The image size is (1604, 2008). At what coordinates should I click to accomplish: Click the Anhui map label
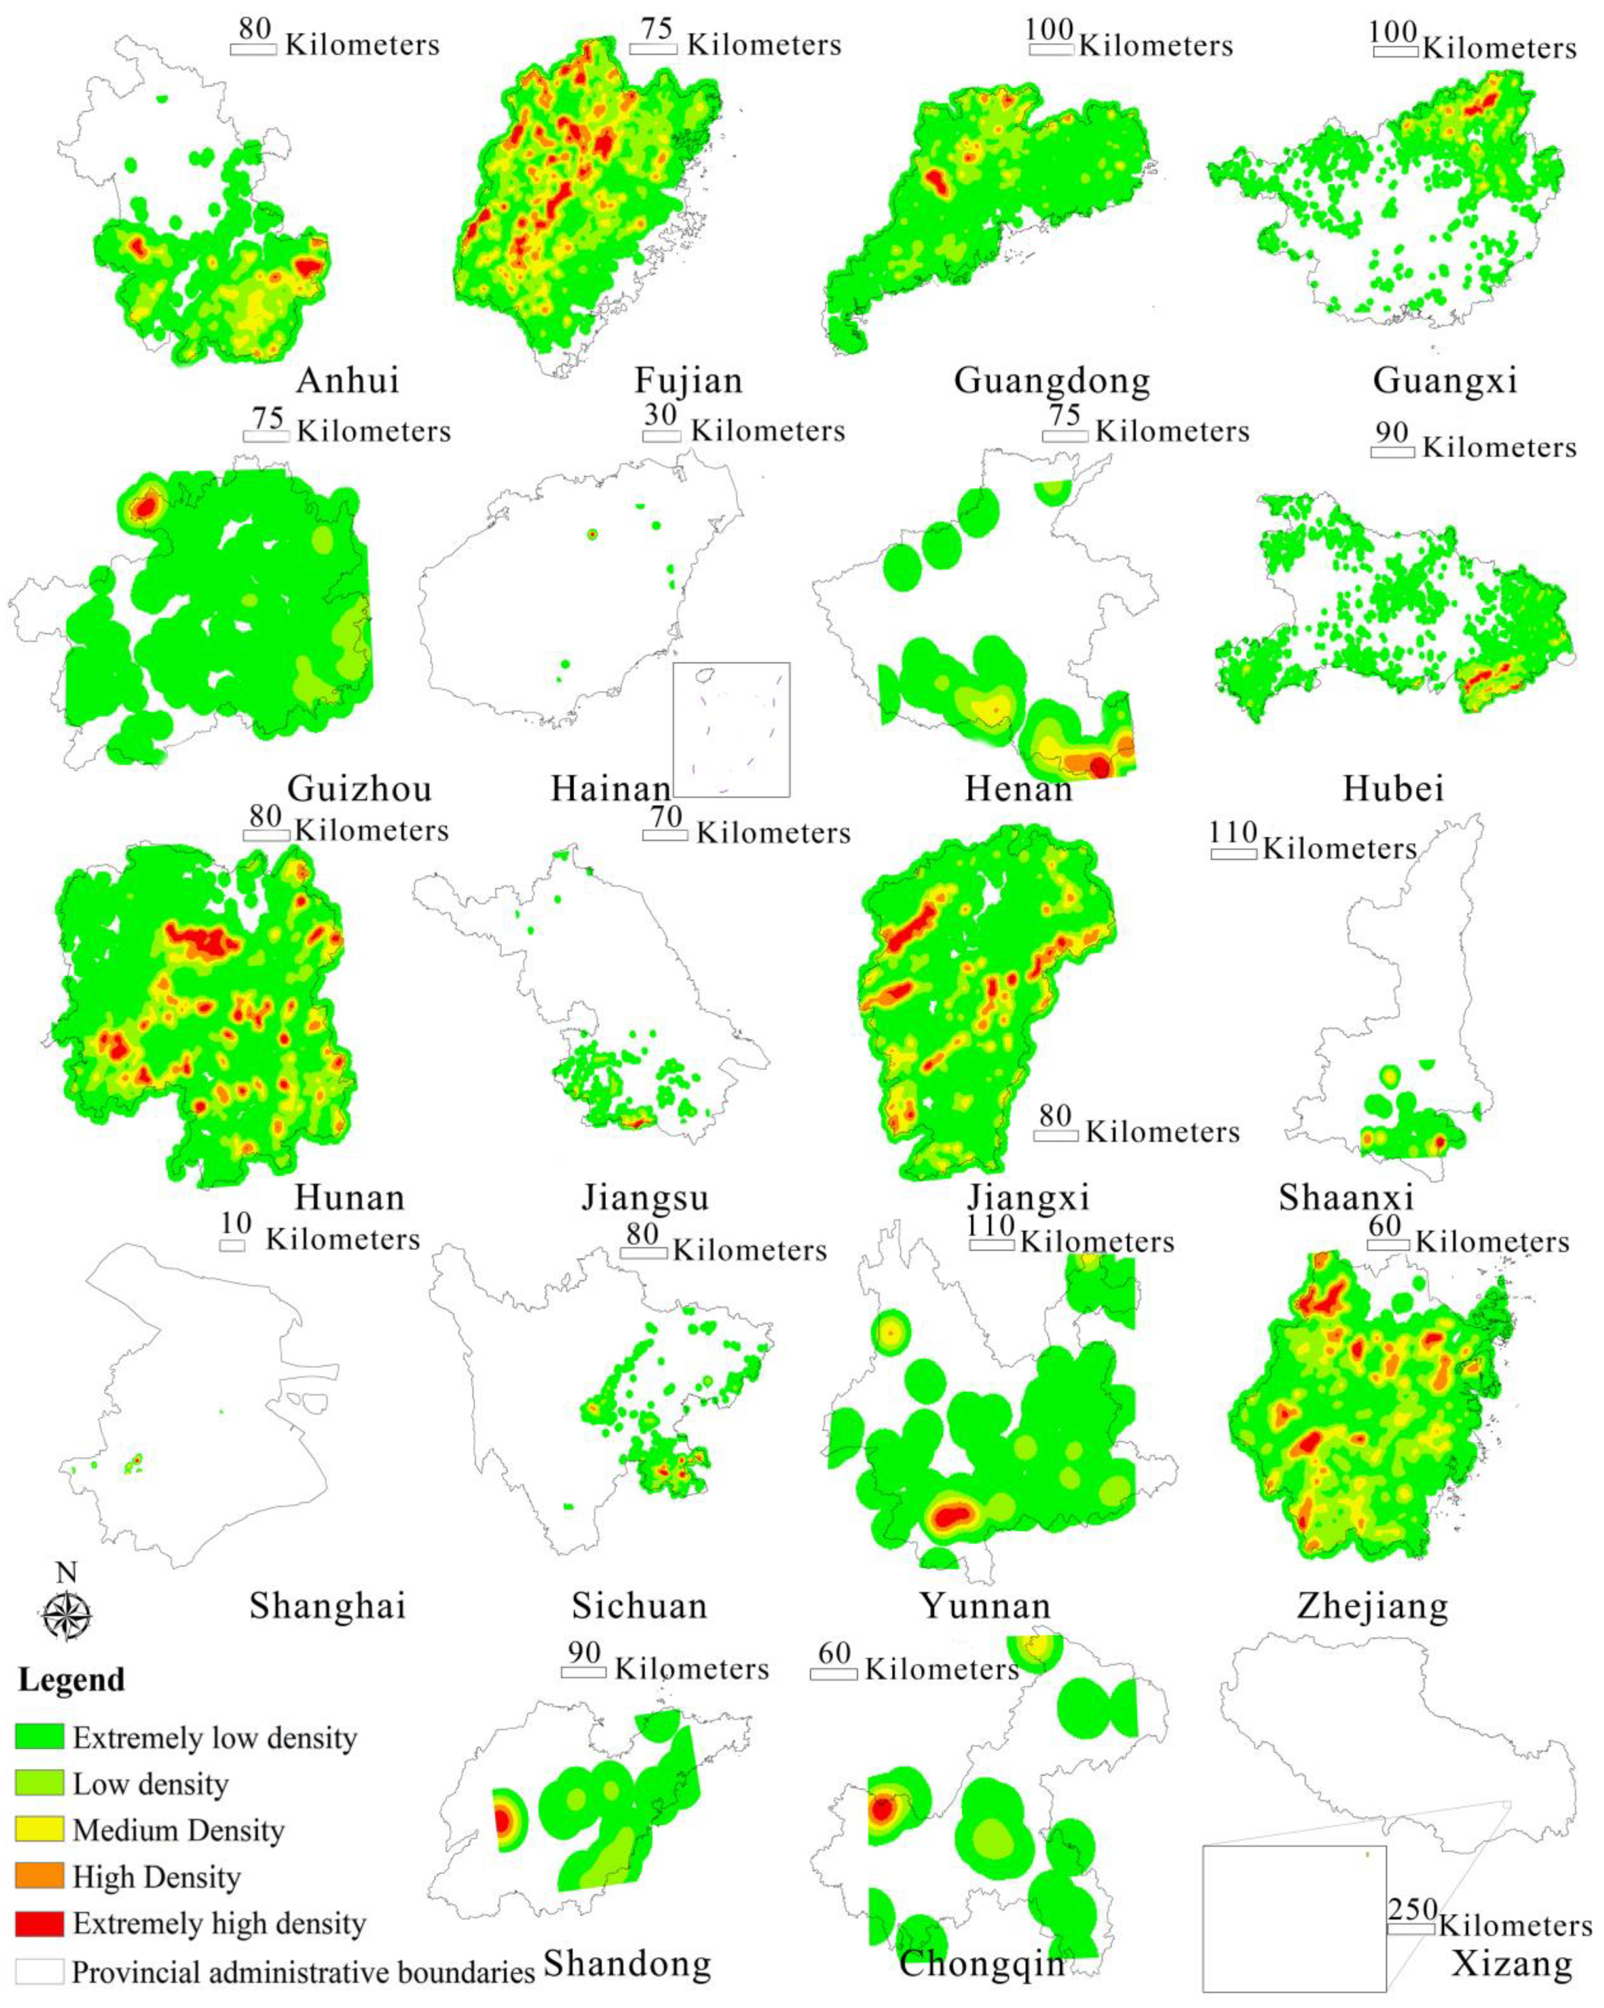click(x=348, y=380)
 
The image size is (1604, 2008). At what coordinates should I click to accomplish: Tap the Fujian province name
click(x=688, y=380)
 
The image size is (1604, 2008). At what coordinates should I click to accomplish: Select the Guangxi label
click(x=1444, y=380)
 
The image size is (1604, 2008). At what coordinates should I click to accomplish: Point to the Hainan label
click(x=610, y=789)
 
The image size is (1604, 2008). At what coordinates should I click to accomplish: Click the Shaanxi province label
click(x=1346, y=1197)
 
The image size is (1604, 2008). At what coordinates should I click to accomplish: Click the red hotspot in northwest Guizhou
click(x=144, y=507)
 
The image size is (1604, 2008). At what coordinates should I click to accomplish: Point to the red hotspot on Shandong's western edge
click(x=502, y=1821)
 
